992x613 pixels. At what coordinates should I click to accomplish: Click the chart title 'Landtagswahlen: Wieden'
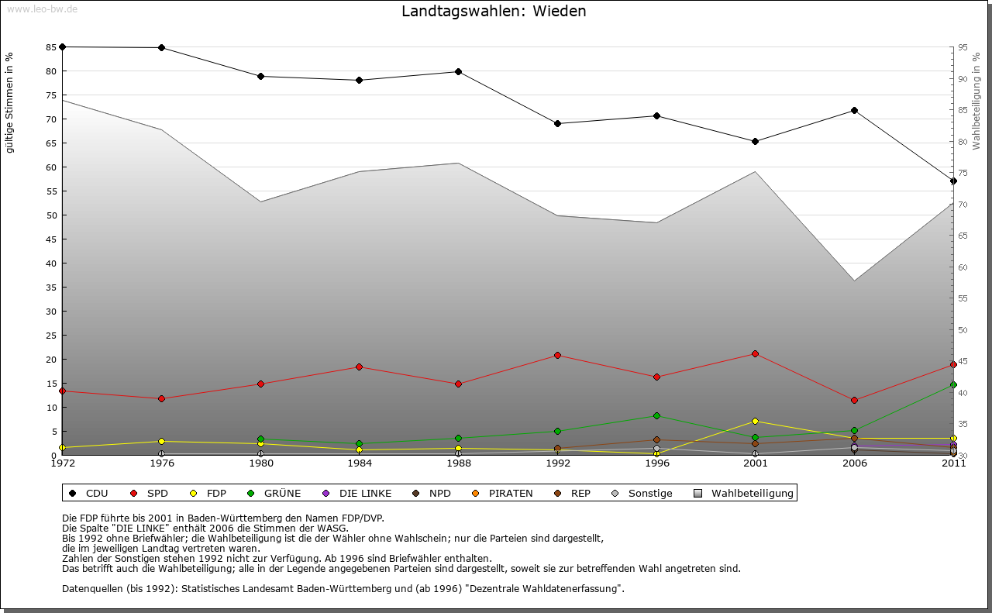[x=494, y=12]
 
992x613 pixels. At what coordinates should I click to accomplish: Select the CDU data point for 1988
[x=459, y=72]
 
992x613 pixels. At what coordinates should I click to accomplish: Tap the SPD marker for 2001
[x=756, y=354]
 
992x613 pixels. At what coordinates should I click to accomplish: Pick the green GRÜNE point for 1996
[x=656, y=416]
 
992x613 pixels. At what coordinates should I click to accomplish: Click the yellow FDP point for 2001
[x=756, y=422]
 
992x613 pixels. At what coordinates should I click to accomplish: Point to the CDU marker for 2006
[x=854, y=111]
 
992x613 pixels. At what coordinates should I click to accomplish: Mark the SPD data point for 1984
[x=360, y=367]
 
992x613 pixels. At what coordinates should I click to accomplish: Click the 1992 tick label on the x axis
[x=558, y=463]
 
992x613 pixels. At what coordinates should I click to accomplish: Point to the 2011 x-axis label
[x=953, y=463]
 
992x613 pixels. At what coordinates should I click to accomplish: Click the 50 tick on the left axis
[x=51, y=215]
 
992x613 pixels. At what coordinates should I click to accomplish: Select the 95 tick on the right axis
[x=963, y=47]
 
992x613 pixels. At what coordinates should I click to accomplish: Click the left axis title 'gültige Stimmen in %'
[x=10, y=102]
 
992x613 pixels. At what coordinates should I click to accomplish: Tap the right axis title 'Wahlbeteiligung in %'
[x=976, y=102]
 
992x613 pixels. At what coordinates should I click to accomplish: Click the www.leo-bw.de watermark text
[x=42, y=9]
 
